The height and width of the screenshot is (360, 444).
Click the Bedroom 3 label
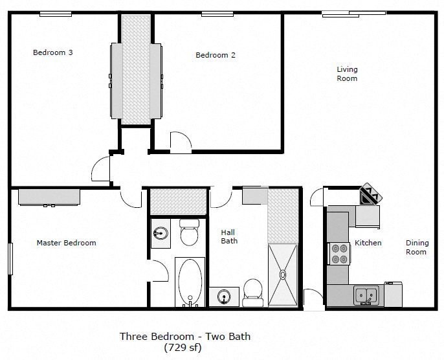pos(52,52)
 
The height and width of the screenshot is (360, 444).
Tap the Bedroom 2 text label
pos(215,55)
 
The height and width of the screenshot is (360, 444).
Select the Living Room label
pos(347,74)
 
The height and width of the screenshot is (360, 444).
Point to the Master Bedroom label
pos(66,243)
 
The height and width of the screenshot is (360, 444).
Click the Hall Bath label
pos(228,236)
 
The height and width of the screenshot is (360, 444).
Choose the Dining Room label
pos(417,247)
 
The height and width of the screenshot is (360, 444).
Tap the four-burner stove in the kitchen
pos(339,253)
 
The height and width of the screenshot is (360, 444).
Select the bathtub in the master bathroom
pos(190,282)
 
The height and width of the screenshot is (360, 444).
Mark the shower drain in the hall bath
pos(282,274)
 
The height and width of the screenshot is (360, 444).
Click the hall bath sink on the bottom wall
pos(224,297)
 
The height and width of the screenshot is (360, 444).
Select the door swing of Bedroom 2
pos(180,142)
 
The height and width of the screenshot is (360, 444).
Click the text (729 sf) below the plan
pos(184,348)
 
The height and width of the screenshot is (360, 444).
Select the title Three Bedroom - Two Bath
pos(184,336)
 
